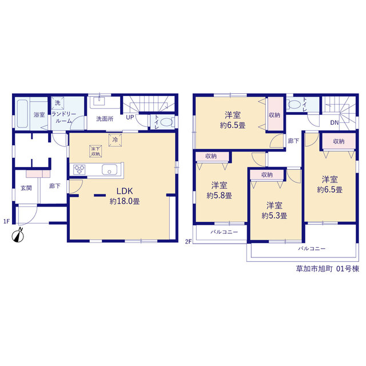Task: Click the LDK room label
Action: pos(125,191)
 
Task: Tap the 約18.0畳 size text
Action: pos(125,201)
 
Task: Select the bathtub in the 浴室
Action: pos(22,114)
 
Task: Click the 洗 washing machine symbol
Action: pos(57,103)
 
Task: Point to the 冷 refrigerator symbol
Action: pos(115,140)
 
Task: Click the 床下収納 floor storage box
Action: pos(96,151)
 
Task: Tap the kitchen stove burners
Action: pos(79,169)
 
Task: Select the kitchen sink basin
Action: pos(109,169)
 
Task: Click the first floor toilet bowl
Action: pos(167,122)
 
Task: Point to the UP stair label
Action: pos(130,117)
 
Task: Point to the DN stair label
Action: pos(334,122)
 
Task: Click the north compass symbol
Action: pos(18,236)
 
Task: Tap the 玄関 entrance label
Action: pos(26,188)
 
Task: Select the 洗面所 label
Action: pos(105,119)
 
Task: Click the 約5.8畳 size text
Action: pos(219,196)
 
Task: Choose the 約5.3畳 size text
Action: pos(274,216)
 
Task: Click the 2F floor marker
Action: pos(188,241)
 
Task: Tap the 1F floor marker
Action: pos(6,221)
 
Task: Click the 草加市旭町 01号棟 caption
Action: pos(328,269)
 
